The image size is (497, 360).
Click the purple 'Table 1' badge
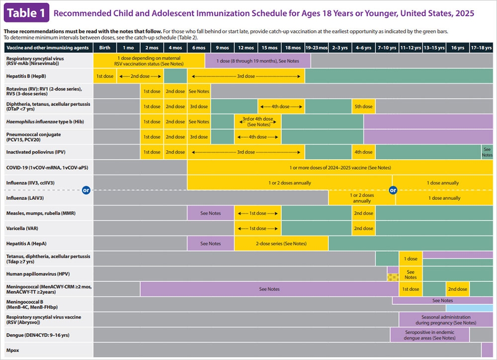coord(26,13)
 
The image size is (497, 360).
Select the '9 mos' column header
coord(222,48)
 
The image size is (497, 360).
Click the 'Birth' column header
coord(105,48)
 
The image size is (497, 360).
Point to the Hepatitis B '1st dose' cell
coord(105,76)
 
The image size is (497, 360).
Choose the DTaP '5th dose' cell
coord(363,106)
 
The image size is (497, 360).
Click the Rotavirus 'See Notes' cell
coord(199,91)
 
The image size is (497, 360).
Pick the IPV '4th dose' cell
coord(363,152)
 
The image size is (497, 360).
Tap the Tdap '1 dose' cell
coord(411,259)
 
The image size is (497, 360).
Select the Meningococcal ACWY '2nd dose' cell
coord(457,289)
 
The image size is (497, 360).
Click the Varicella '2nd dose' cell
coord(363,228)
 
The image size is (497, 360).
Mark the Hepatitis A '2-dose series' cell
coord(281,244)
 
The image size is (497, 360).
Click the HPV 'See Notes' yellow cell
coord(411,274)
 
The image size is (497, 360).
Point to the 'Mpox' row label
coord(12,350)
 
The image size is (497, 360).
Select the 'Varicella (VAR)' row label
coord(24,228)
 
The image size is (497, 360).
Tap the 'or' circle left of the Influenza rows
coord(86,190)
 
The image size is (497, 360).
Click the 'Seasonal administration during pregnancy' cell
coord(445,320)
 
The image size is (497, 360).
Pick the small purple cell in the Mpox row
coord(487,350)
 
